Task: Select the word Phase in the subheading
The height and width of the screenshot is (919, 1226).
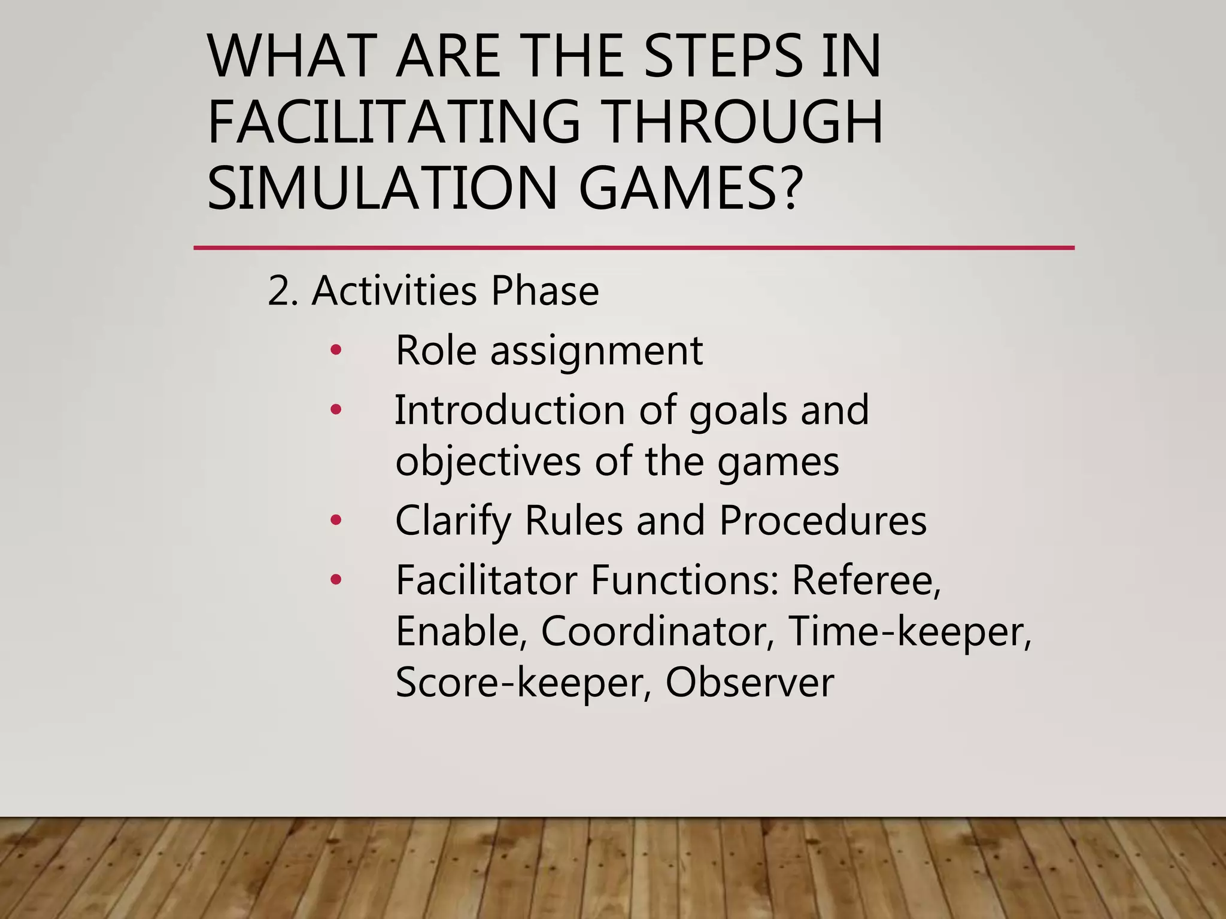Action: point(544,291)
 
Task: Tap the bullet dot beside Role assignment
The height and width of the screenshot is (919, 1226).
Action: point(336,351)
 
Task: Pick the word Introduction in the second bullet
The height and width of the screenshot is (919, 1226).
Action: point(509,410)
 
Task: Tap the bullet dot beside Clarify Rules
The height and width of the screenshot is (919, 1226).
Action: point(336,521)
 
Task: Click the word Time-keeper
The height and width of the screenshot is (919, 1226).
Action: point(910,631)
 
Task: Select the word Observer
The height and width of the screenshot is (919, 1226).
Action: point(749,682)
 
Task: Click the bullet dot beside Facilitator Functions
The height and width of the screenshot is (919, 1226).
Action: point(336,580)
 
